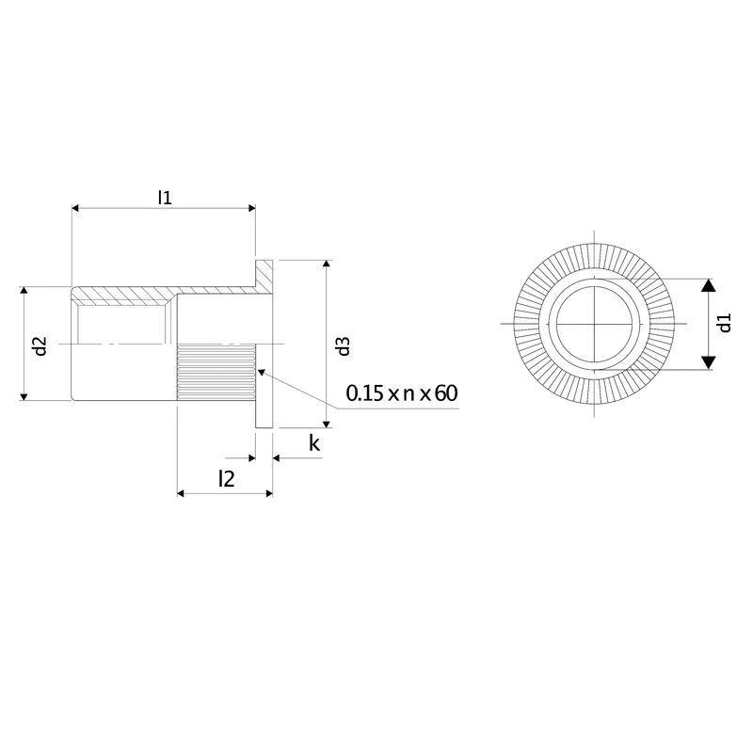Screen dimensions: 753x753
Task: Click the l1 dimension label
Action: point(165,198)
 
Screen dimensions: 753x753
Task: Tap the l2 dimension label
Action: point(226,479)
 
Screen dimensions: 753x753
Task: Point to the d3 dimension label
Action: point(344,345)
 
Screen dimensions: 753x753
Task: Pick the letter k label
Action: point(314,443)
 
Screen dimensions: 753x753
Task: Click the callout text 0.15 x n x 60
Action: point(402,393)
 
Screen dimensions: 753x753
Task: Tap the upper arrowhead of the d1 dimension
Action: point(709,285)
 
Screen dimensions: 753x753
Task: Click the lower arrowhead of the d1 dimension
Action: point(709,362)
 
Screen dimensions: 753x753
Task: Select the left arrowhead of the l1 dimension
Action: point(75,208)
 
